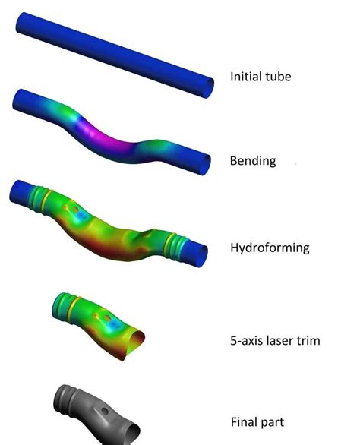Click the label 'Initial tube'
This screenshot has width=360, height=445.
click(261, 77)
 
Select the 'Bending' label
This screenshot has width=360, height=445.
click(252, 161)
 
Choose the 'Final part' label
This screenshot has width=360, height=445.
click(257, 421)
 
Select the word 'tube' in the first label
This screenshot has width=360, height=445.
click(278, 77)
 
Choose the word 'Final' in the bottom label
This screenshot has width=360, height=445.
click(244, 421)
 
